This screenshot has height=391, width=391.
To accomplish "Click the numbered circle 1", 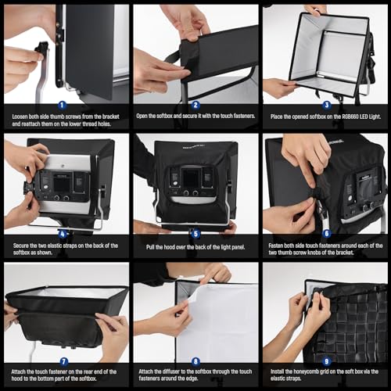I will pos(63,104).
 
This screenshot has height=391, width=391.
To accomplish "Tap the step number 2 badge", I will pos(195,104).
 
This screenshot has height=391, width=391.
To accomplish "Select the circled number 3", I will pos(327,104).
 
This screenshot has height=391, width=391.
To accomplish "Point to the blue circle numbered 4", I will pos(63,232).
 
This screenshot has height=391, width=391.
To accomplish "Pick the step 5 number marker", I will pos(195,232).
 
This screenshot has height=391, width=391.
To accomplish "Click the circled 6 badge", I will pos(327,232).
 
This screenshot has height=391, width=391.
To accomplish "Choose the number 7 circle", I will pos(63,361).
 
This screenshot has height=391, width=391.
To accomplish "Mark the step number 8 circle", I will pos(195,361).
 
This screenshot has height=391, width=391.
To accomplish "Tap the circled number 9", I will pos(327,361).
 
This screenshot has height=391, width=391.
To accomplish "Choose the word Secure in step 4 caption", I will pos(23,245).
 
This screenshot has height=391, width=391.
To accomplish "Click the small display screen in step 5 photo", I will pos(190,178).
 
